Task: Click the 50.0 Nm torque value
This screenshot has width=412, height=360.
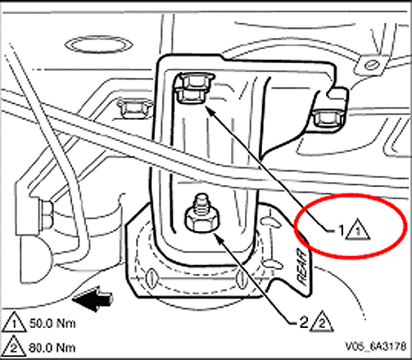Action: (x=52, y=323)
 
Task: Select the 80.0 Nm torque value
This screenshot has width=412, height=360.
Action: (x=52, y=348)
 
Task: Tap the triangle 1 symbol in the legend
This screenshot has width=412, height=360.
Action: (x=14, y=322)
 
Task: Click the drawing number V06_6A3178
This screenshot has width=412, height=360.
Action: (x=376, y=346)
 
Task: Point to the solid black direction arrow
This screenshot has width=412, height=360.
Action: (x=93, y=298)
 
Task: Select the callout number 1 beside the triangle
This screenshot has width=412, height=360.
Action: (x=342, y=230)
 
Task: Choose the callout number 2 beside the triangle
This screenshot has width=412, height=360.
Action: (x=304, y=322)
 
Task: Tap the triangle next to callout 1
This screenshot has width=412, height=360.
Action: (x=358, y=230)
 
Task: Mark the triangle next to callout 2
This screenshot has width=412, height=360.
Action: (x=323, y=321)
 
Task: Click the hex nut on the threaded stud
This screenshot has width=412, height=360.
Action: (x=202, y=220)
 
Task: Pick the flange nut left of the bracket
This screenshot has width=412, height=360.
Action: (x=134, y=108)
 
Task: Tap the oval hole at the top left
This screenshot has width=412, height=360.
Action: (x=98, y=43)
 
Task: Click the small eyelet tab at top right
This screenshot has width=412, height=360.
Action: (x=371, y=66)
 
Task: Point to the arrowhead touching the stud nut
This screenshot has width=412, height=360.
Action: (x=218, y=236)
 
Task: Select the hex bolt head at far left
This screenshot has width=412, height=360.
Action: (x=47, y=215)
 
